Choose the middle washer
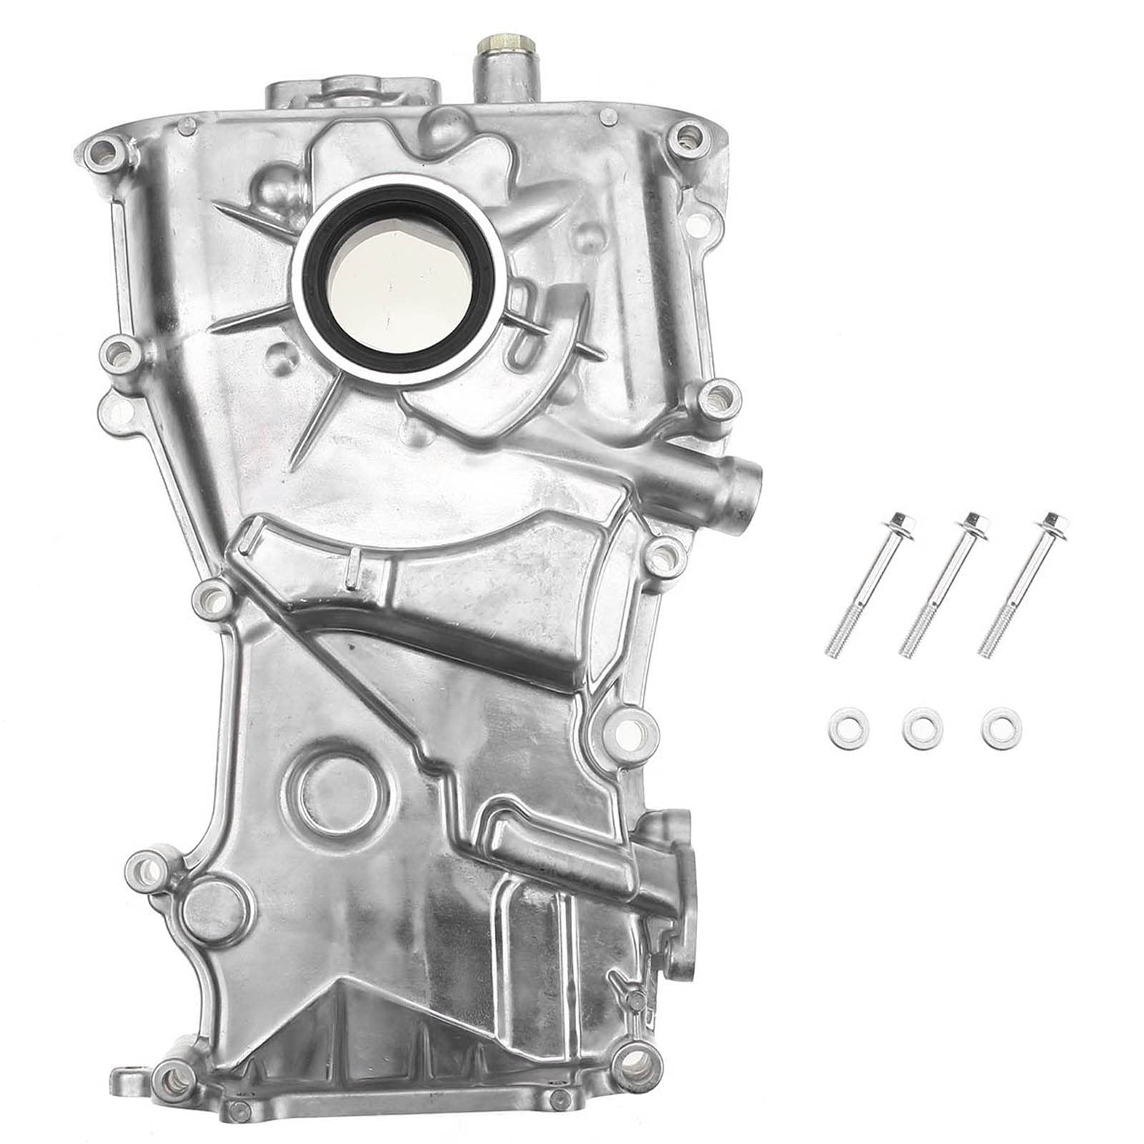922,727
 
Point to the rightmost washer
1002,727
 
